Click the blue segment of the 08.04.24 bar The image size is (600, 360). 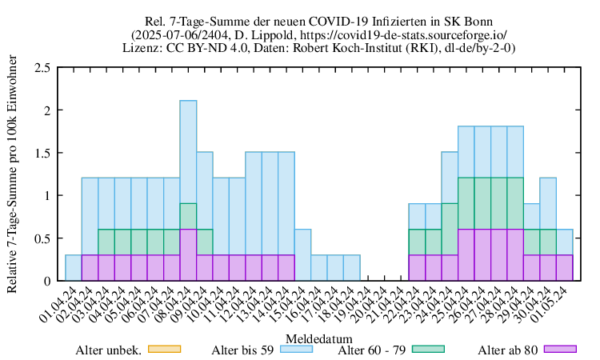tap(188, 152)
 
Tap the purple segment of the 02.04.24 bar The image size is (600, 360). tap(90, 268)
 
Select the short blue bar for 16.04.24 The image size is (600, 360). tap(318, 268)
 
